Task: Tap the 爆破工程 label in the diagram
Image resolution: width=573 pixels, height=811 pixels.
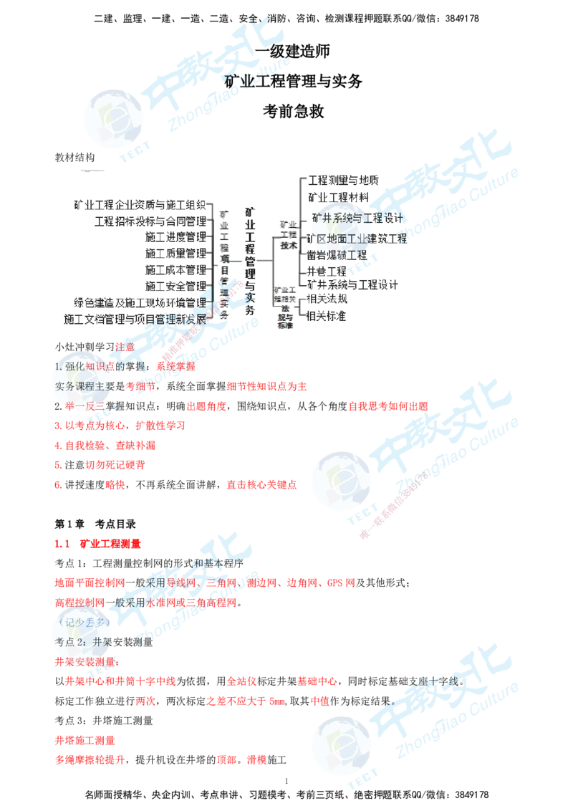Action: [x=344, y=255]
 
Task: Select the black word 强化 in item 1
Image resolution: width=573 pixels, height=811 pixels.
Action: [x=74, y=366]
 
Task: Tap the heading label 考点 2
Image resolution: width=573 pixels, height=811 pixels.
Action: [x=71, y=640]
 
